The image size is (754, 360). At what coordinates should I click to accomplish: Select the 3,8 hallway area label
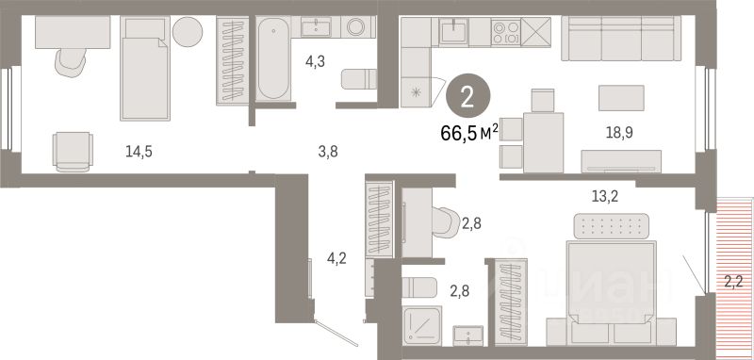point(325,149)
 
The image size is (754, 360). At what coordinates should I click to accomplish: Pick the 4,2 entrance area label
point(336,257)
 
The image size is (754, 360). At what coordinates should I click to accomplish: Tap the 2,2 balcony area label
point(733,278)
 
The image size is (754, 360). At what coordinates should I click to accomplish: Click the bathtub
point(272,58)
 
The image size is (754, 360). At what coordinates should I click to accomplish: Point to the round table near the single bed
point(186,31)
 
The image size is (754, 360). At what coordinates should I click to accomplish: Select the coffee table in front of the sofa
point(621,97)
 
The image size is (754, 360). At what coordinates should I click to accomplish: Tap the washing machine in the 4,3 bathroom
point(357,29)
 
